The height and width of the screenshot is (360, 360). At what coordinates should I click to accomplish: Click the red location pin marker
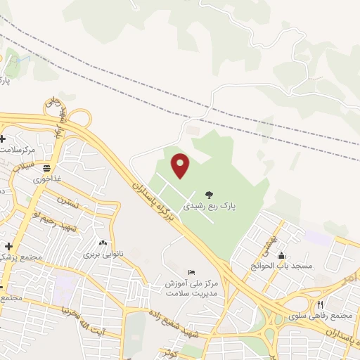(181, 165)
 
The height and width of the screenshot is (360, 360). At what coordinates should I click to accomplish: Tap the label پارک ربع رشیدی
(211, 207)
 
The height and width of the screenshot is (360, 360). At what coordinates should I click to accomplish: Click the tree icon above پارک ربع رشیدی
(210, 195)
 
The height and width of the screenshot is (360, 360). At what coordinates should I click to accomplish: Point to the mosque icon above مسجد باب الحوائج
(281, 255)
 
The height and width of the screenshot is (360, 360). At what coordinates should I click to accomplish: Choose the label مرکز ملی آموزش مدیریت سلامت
(193, 288)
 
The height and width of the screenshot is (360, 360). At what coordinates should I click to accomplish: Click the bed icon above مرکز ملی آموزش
(192, 272)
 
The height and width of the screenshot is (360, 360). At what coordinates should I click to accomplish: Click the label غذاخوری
(47, 179)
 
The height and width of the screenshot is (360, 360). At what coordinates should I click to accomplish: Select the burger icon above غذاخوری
(46, 168)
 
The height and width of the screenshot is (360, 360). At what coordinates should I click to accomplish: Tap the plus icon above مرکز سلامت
(4, 139)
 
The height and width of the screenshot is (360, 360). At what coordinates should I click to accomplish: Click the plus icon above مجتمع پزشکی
(9, 246)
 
